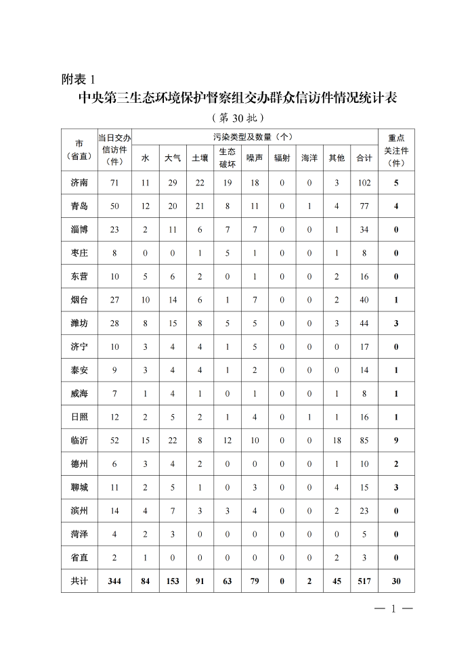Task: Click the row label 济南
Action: pyautogui.click(x=79, y=183)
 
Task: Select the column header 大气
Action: pyautogui.click(x=173, y=158)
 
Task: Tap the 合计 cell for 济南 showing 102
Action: pyautogui.click(x=364, y=183)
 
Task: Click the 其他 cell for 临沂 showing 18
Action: pyautogui.click(x=337, y=441)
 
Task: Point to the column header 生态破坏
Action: pyautogui.click(x=228, y=158)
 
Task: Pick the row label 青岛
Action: pyautogui.click(x=79, y=206)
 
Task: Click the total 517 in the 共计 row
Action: pyautogui.click(x=364, y=581)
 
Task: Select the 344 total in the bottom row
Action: pyautogui.click(x=114, y=581)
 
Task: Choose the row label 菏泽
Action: pyautogui.click(x=79, y=535)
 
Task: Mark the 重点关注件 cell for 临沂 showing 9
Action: pyautogui.click(x=396, y=441)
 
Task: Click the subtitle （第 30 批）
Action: pyautogui.click(x=237, y=118)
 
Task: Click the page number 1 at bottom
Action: pyautogui.click(x=393, y=608)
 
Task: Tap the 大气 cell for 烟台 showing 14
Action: pyautogui.click(x=173, y=300)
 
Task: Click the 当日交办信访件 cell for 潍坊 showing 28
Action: pyautogui.click(x=114, y=323)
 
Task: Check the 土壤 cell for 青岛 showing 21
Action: pyautogui.click(x=200, y=206)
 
